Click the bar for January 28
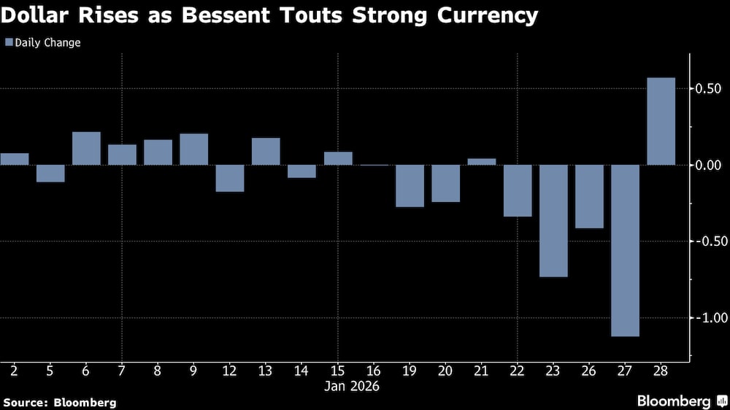[661, 121]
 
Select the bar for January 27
[626, 250]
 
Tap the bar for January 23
[553, 220]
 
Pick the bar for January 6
[86, 148]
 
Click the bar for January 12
[230, 178]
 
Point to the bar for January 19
[410, 185]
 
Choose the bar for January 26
[589, 196]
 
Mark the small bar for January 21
[482, 161]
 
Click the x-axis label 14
[301, 371]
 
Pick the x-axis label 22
[518, 371]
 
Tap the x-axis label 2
[14, 371]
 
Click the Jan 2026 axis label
[352, 386]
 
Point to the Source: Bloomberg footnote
[59, 402]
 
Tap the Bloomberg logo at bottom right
[682, 401]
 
